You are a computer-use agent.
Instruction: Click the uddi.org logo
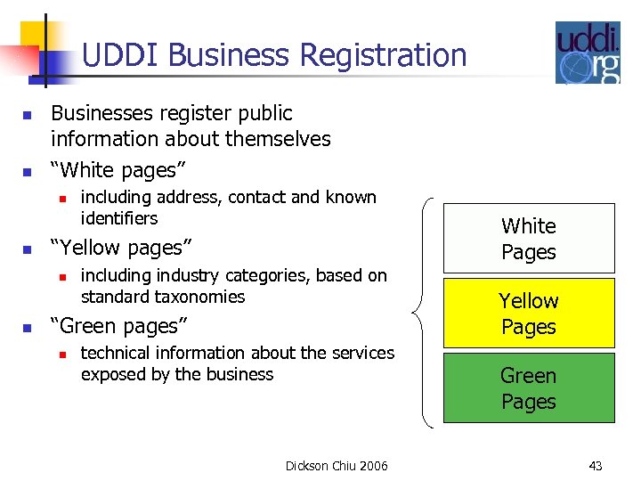click(x=588, y=53)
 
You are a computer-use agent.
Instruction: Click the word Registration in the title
click(x=383, y=55)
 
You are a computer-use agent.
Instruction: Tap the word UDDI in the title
click(x=120, y=55)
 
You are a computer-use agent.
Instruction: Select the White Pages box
click(x=529, y=239)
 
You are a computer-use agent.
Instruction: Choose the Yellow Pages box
click(x=529, y=314)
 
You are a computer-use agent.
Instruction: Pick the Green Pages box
click(x=529, y=388)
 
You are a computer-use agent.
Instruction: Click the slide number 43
click(x=596, y=466)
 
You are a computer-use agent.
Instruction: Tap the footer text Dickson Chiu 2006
click(x=337, y=466)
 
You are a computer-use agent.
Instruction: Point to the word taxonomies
click(x=199, y=297)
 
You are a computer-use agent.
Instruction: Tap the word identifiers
click(x=119, y=218)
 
